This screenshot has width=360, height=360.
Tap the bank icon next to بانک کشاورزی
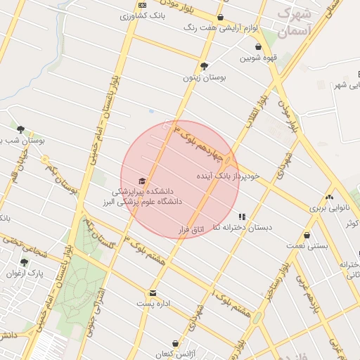(143, 6)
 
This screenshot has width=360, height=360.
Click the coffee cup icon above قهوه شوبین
(258, 48)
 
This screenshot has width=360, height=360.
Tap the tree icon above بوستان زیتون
(204, 67)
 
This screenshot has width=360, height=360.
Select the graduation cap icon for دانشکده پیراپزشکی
(143, 181)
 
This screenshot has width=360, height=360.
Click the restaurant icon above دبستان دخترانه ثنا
(243, 217)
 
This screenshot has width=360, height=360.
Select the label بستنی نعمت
(307, 246)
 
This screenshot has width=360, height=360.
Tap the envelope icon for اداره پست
(152, 292)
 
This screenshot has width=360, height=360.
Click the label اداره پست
(154, 304)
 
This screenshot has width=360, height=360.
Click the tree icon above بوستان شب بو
(21, 129)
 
